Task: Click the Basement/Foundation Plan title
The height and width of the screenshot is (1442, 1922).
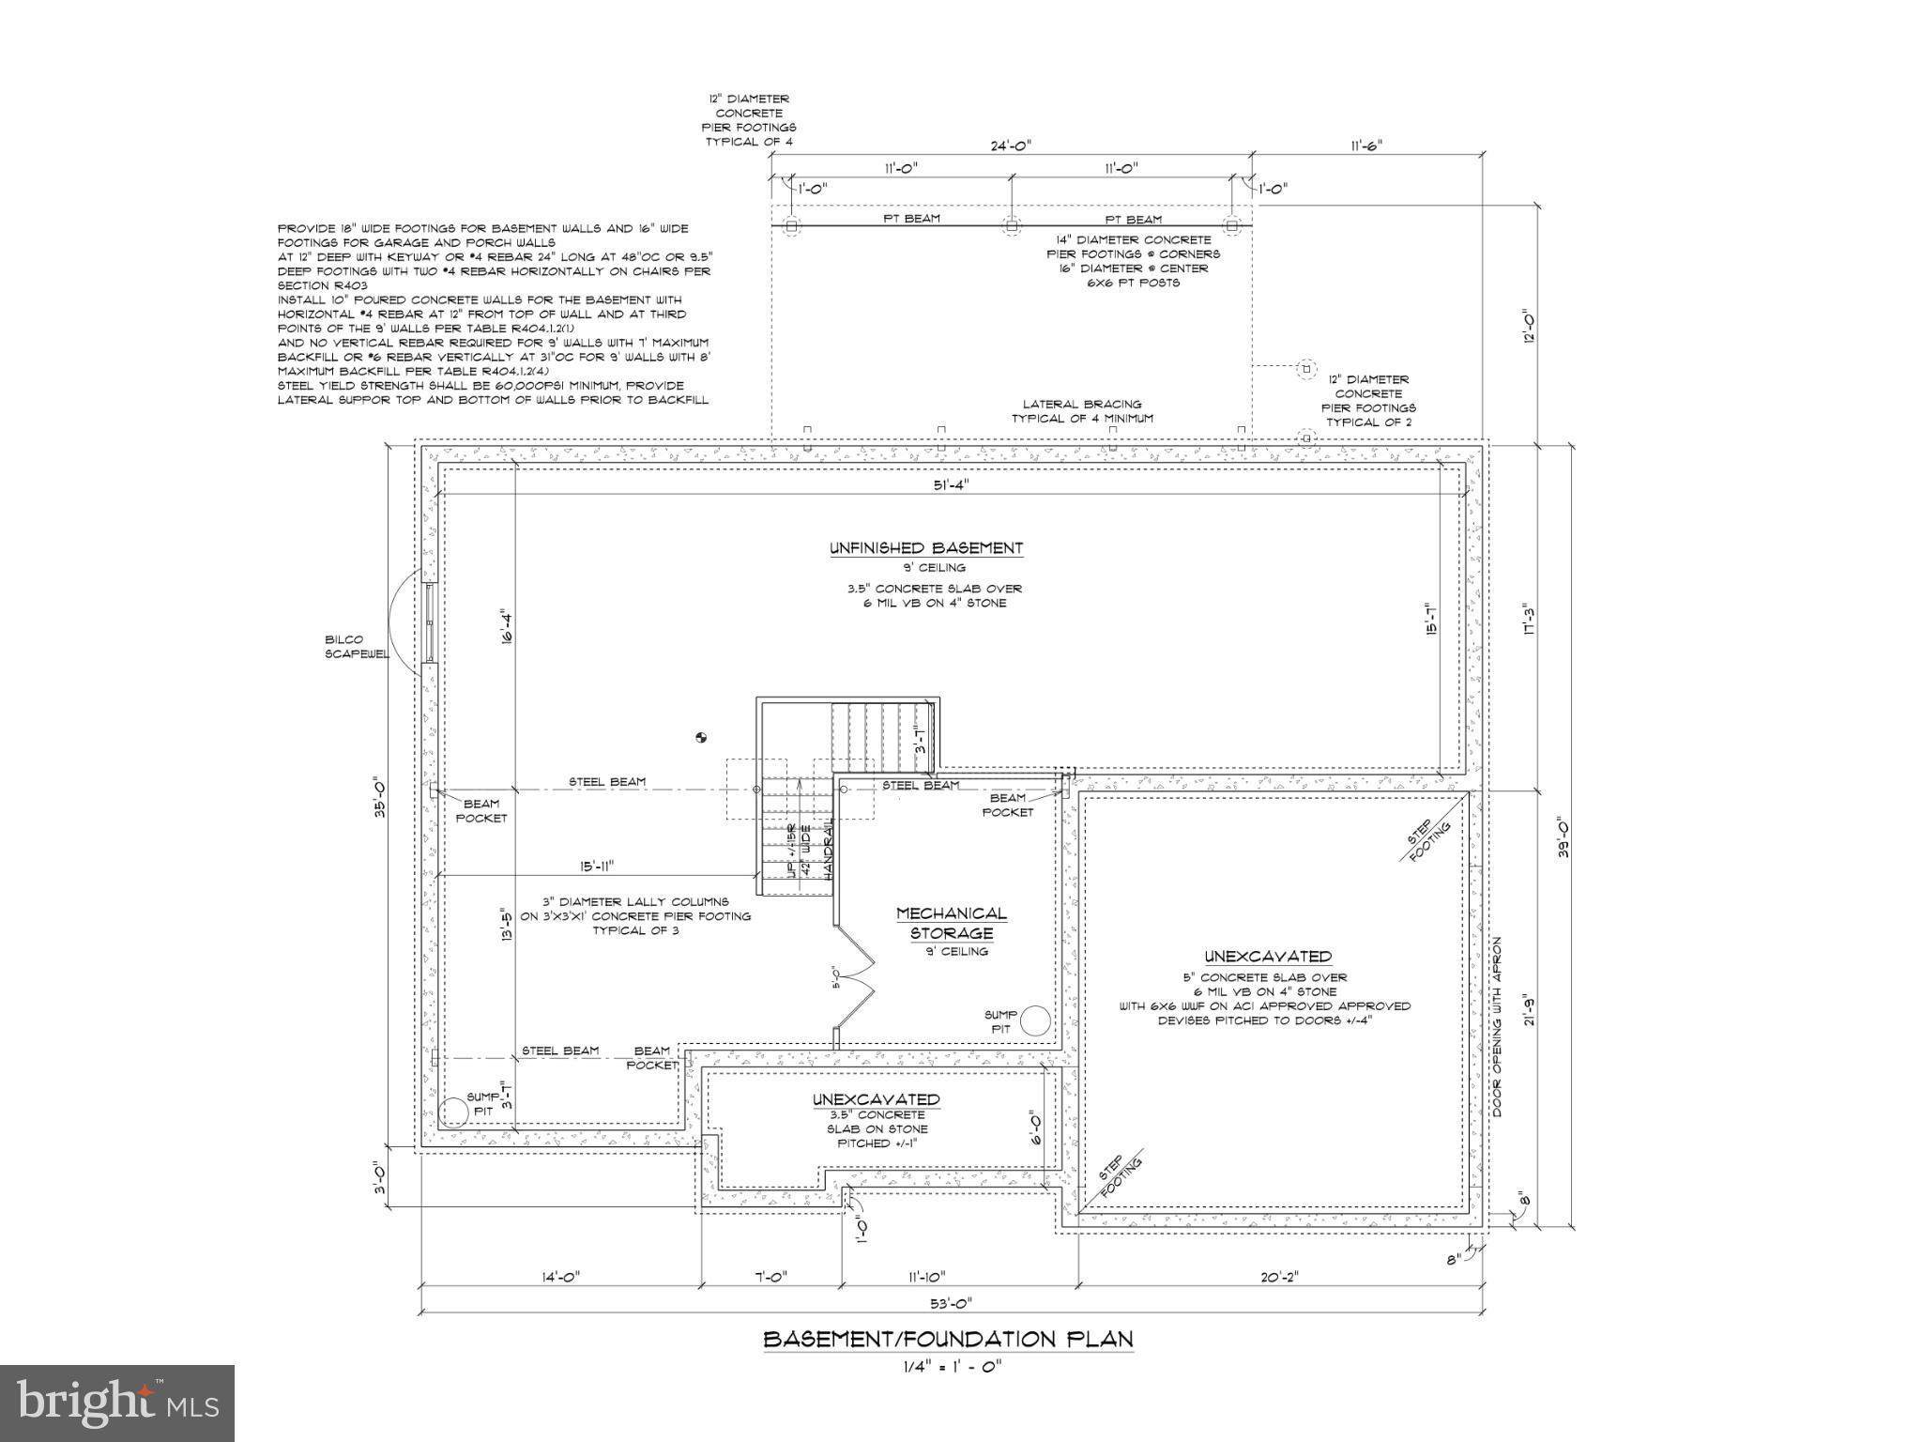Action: point(948,1339)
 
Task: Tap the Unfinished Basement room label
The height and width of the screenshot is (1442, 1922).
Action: point(925,548)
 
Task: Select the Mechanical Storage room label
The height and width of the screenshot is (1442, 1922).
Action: point(951,923)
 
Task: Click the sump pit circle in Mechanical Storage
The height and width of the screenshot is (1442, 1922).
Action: point(1036,1020)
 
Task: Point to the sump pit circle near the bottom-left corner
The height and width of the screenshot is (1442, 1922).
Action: point(455,1112)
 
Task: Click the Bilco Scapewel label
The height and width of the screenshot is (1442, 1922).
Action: point(357,647)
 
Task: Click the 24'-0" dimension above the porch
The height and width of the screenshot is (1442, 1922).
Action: point(1011,146)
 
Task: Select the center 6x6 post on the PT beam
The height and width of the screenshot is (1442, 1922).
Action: point(1012,225)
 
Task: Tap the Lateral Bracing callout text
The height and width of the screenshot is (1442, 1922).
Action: point(1082,411)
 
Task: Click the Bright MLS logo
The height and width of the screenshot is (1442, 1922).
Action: point(117,1404)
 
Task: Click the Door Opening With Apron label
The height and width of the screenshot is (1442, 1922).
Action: point(1498,1026)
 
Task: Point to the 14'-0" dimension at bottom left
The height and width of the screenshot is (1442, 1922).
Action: point(562,1277)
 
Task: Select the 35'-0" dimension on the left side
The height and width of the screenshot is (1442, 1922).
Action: point(380,796)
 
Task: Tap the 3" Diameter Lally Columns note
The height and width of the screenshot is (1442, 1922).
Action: point(635,915)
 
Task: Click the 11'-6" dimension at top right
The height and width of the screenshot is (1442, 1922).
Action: point(1366,146)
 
